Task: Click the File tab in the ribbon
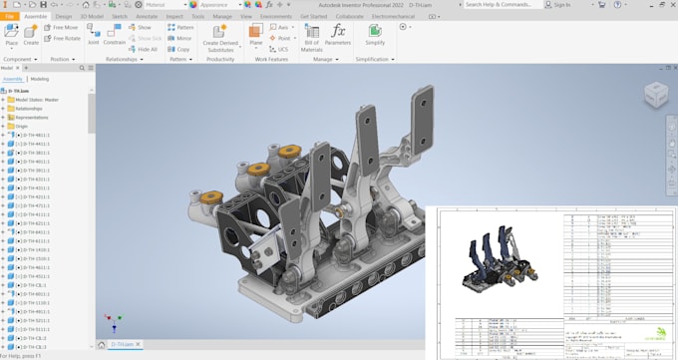[x=8, y=16]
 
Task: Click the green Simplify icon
[x=375, y=31]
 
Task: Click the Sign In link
[x=561, y=5]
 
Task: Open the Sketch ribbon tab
[x=120, y=16]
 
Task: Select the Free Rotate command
[x=63, y=38]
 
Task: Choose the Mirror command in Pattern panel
[x=179, y=38]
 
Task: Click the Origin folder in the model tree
[x=22, y=126]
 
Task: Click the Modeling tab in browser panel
[x=40, y=78]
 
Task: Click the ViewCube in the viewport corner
[x=655, y=95]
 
